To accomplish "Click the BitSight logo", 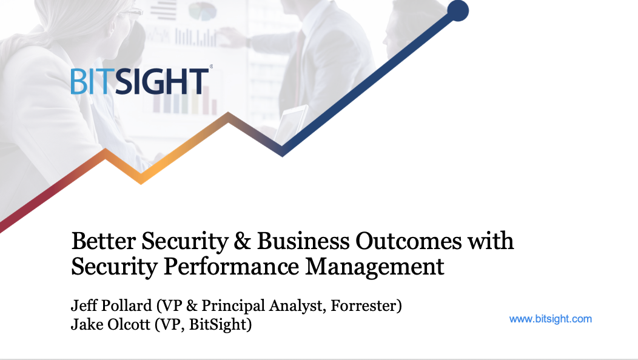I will tap(139, 81).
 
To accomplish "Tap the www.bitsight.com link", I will tap(550, 319).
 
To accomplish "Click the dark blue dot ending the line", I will tap(458, 10).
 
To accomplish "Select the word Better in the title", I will tap(103, 241).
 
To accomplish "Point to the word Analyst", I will tap(300, 305).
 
